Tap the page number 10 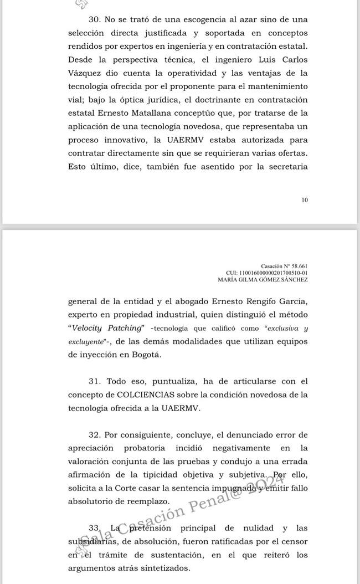coord(305,200)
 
